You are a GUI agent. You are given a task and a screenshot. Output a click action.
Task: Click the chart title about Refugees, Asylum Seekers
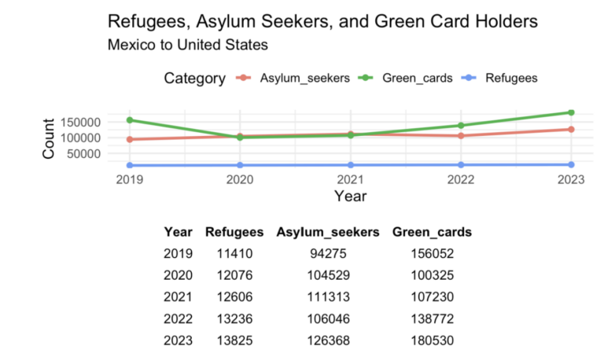pyautogui.click(x=322, y=21)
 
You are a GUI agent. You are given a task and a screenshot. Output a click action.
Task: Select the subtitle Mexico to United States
pyautogui.click(x=187, y=44)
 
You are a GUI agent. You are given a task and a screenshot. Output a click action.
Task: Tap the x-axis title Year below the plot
pyautogui.click(x=349, y=197)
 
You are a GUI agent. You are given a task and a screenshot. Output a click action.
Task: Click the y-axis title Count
pyautogui.click(x=49, y=138)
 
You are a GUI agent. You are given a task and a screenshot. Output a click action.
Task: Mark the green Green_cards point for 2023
pyautogui.click(x=571, y=112)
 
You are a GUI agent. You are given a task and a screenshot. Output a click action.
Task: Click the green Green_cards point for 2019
pyautogui.click(x=129, y=120)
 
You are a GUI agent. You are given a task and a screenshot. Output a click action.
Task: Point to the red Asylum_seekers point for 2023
pyautogui.click(x=571, y=129)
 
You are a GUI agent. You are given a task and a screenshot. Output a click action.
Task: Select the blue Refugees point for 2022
pyautogui.click(x=460, y=165)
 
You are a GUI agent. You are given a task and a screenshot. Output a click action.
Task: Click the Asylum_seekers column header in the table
pyautogui.click(x=328, y=233)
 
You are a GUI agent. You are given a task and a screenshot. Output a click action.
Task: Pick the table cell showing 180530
pyautogui.click(x=433, y=340)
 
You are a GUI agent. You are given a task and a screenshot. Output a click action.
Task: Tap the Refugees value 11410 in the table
pyautogui.click(x=228, y=254)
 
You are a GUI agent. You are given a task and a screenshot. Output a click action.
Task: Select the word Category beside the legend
pyautogui.click(x=195, y=78)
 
